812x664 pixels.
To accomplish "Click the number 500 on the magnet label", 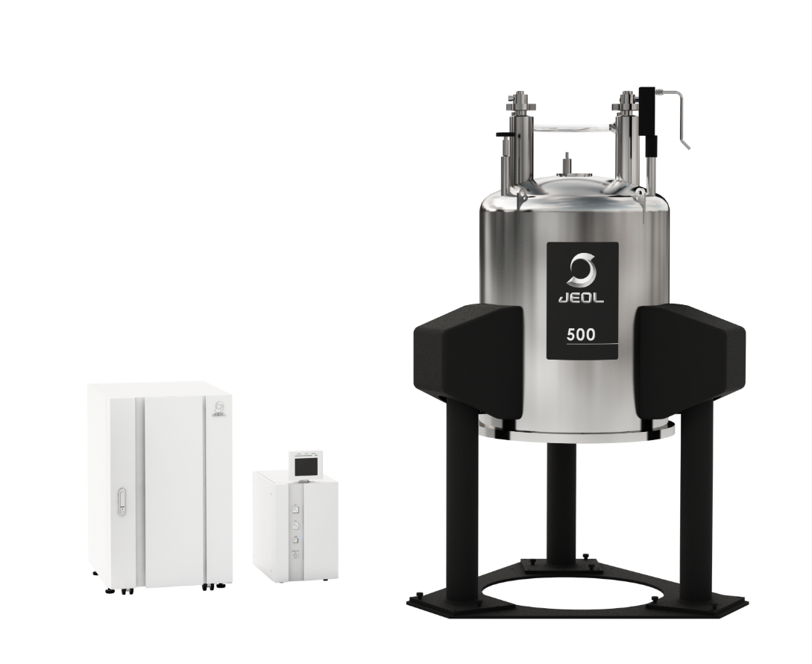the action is pos(581,334).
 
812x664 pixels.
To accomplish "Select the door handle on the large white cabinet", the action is pos(122,502).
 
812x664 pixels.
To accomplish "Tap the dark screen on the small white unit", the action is pos(304,466).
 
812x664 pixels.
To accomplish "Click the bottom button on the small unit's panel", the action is pos(296,555).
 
